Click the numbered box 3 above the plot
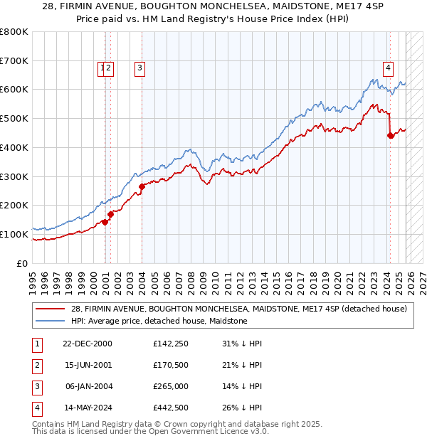(139, 68)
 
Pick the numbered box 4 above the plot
(388, 68)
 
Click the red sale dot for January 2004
(142, 186)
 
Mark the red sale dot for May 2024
(390, 135)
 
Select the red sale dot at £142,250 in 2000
(105, 222)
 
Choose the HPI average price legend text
(159, 321)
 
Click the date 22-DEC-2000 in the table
(87, 344)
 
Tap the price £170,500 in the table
(171, 365)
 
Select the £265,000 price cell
(171, 386)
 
